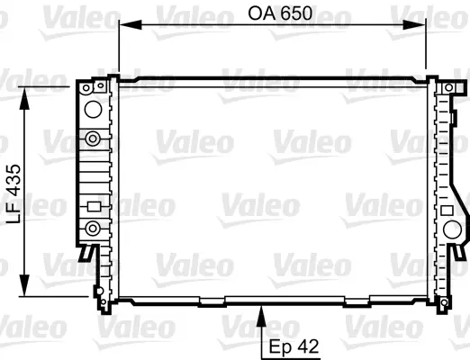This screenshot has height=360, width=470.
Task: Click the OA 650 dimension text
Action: click(280, 13)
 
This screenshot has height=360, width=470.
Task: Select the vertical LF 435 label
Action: click(14, 193)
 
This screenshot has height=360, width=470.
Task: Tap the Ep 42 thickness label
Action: click(294, 346)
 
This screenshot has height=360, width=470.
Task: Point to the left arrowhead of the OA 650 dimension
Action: click(131, 25)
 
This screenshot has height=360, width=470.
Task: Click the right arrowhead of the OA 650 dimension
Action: click(414, 25)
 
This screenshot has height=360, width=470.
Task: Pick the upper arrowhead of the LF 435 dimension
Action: click(24, 98)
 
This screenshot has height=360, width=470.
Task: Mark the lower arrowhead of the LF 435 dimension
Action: click(24, 285)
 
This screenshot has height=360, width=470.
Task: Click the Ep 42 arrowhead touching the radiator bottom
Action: click(262, 316)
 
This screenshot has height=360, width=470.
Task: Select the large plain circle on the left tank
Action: click(93, 109)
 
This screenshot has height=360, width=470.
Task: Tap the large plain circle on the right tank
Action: click(452, 229)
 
